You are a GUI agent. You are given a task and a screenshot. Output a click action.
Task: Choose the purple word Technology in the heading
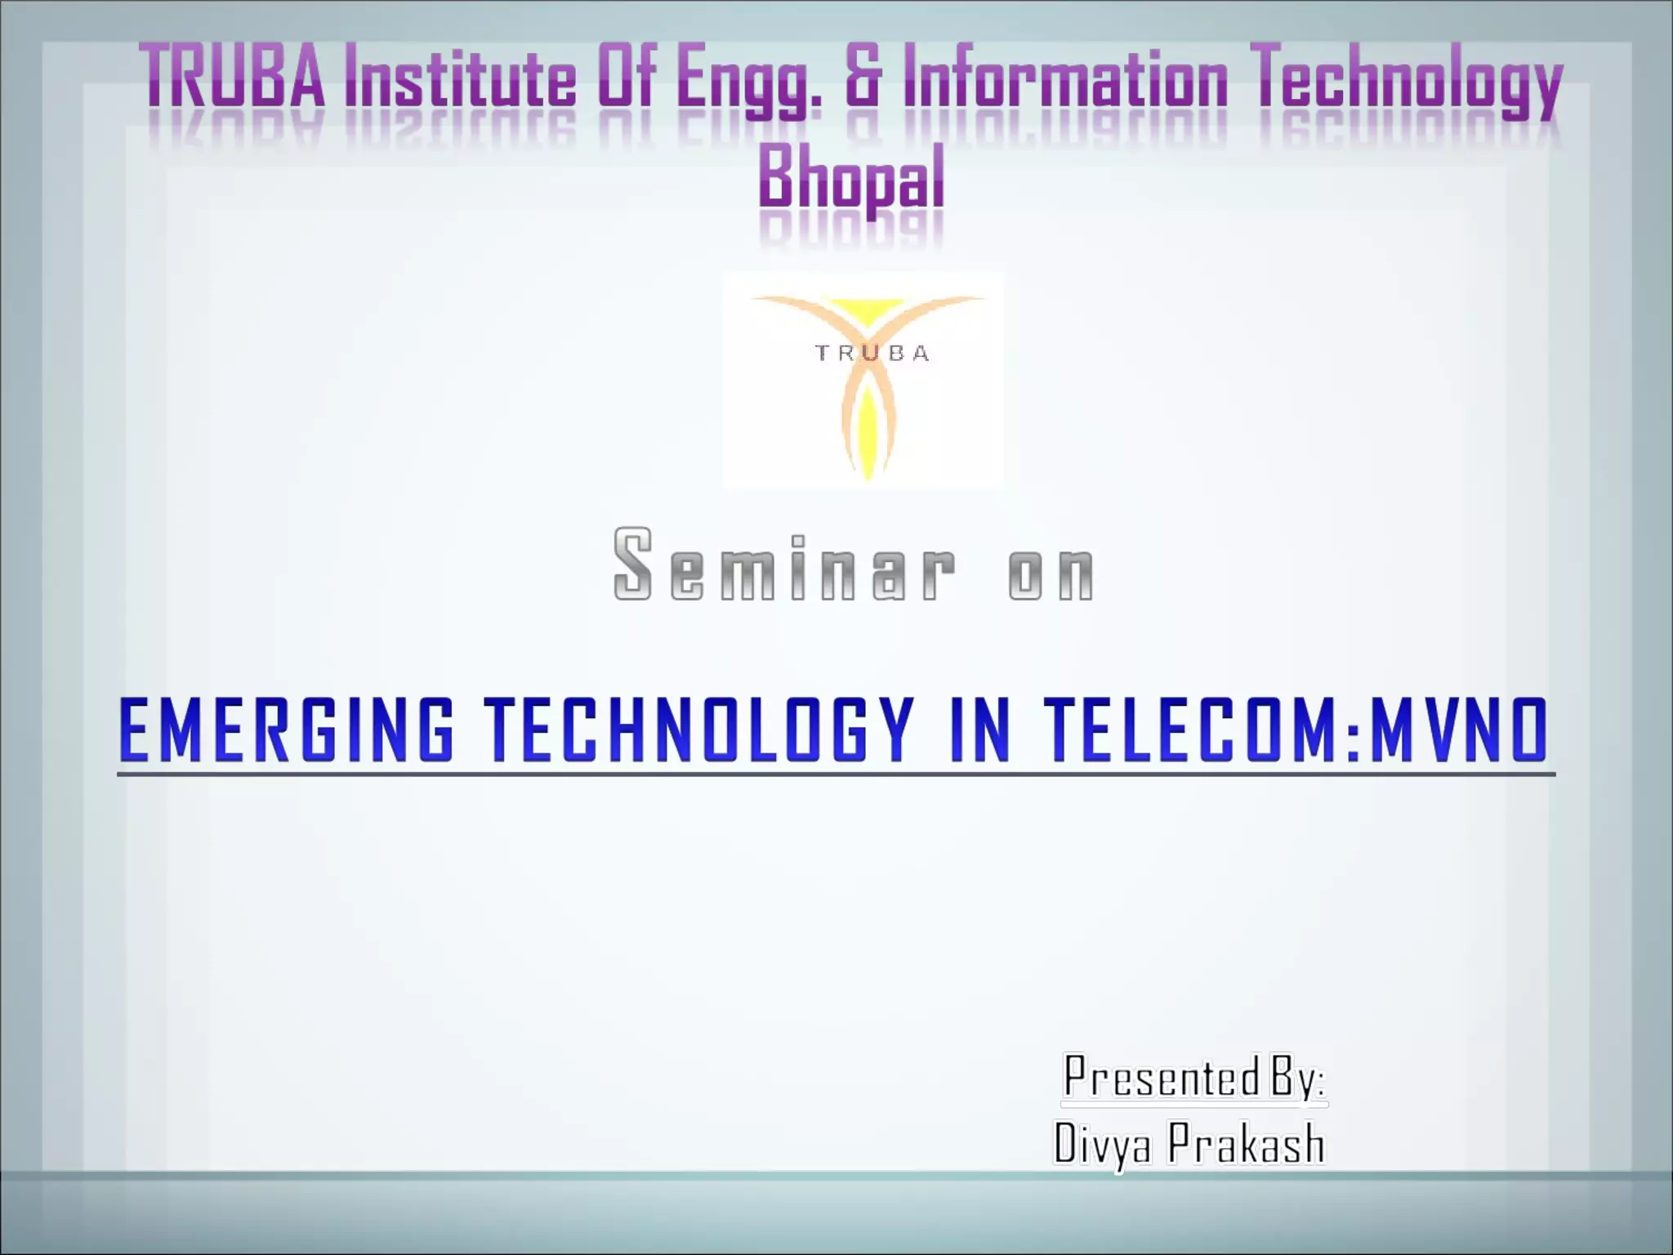click(1409, 82)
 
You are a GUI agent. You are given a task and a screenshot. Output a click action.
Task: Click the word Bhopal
click(851, 177)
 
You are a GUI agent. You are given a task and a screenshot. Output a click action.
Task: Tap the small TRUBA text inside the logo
click(872, 354)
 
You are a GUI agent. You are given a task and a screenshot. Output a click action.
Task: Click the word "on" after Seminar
click(1051, 572)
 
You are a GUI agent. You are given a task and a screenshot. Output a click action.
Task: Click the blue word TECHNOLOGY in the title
click(700, 730)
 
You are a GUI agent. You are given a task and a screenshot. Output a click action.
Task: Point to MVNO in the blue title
click(1458, 730)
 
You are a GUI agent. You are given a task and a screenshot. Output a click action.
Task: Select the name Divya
click(1102, 1143)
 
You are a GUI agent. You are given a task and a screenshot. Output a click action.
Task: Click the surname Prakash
click(1245, 1143)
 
